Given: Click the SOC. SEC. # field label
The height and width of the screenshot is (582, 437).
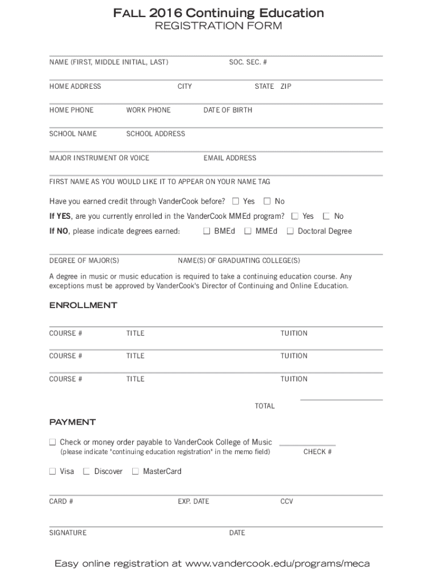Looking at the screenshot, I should coord(247,63).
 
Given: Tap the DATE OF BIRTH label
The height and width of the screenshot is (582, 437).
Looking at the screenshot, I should coord(228,110).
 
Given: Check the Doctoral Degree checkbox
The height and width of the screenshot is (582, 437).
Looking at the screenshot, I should coord(290,231).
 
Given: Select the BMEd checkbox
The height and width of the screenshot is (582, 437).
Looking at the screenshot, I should coord(207,231).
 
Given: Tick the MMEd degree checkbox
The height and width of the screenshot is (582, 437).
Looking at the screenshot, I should coord(247,231).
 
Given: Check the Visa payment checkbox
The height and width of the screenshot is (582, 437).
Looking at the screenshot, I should coord(52,471).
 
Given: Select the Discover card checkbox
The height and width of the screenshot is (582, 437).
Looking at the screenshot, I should coord(87,471).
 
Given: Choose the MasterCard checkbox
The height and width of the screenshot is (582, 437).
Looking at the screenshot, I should coord(135,471).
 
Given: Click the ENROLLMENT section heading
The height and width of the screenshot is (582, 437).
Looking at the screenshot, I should coord(83,305).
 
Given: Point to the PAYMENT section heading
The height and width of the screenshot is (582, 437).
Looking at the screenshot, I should coord(72,422).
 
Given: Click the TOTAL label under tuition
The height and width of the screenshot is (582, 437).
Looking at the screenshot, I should coord(264,406).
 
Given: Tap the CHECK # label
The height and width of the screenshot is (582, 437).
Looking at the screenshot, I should coord(317,452).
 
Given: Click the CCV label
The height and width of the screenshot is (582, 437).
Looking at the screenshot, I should coord(287,502).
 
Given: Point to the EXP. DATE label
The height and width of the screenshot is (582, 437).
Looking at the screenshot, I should coord(193,502).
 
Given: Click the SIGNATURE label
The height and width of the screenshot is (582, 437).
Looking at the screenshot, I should coord(68,533).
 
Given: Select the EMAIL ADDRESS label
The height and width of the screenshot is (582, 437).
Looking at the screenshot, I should coord(230,158).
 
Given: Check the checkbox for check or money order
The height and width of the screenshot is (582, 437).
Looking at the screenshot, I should coord(52,442).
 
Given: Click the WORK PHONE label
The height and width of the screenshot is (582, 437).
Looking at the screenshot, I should coord(148,110).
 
